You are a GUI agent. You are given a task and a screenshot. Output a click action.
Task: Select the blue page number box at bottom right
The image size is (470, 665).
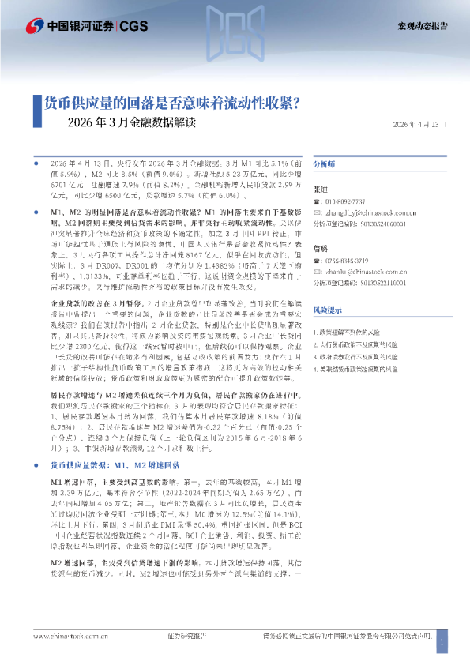[x=442, y=643]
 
